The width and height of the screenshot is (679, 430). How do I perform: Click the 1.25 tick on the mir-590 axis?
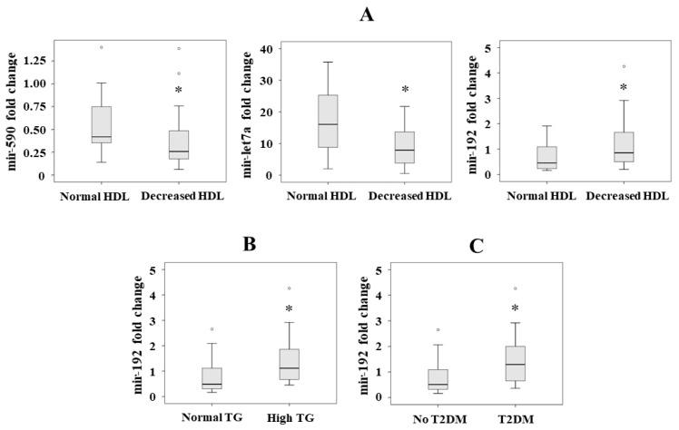click(34, 60)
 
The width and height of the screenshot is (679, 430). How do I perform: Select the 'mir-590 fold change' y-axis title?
click(10, 112)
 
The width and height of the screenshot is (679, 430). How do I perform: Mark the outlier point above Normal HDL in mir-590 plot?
click(102, 47)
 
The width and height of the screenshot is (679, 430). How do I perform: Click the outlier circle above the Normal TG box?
click(212, 329)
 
